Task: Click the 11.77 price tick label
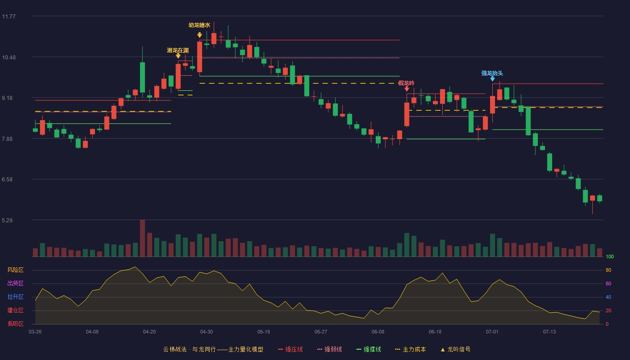coord(9,17)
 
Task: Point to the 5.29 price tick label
coord(7,220)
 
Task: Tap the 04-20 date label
coord(149,332)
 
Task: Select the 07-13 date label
coord(549,332)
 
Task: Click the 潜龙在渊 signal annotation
coord(178,50)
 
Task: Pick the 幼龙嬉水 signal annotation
coord(199,25)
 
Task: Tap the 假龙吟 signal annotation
coord(406,83)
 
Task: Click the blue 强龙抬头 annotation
coord(492,73)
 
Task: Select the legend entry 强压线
coord(290,349)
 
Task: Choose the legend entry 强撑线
coord(369,349)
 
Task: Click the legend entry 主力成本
coord(410,349)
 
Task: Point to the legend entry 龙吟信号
coord(455,349)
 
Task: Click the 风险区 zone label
coord(15,270)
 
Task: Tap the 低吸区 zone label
coord(15,324)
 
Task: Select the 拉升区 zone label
coord(15,297)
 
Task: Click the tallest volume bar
coord(142,238)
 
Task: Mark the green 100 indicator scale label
coord(610,256)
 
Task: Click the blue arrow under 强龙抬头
coord(492,79)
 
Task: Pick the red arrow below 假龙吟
coord(407,89)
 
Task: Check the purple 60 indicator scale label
coord(608,283)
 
